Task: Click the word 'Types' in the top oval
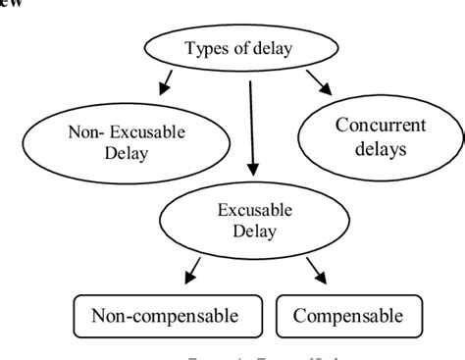tap(205, 46)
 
